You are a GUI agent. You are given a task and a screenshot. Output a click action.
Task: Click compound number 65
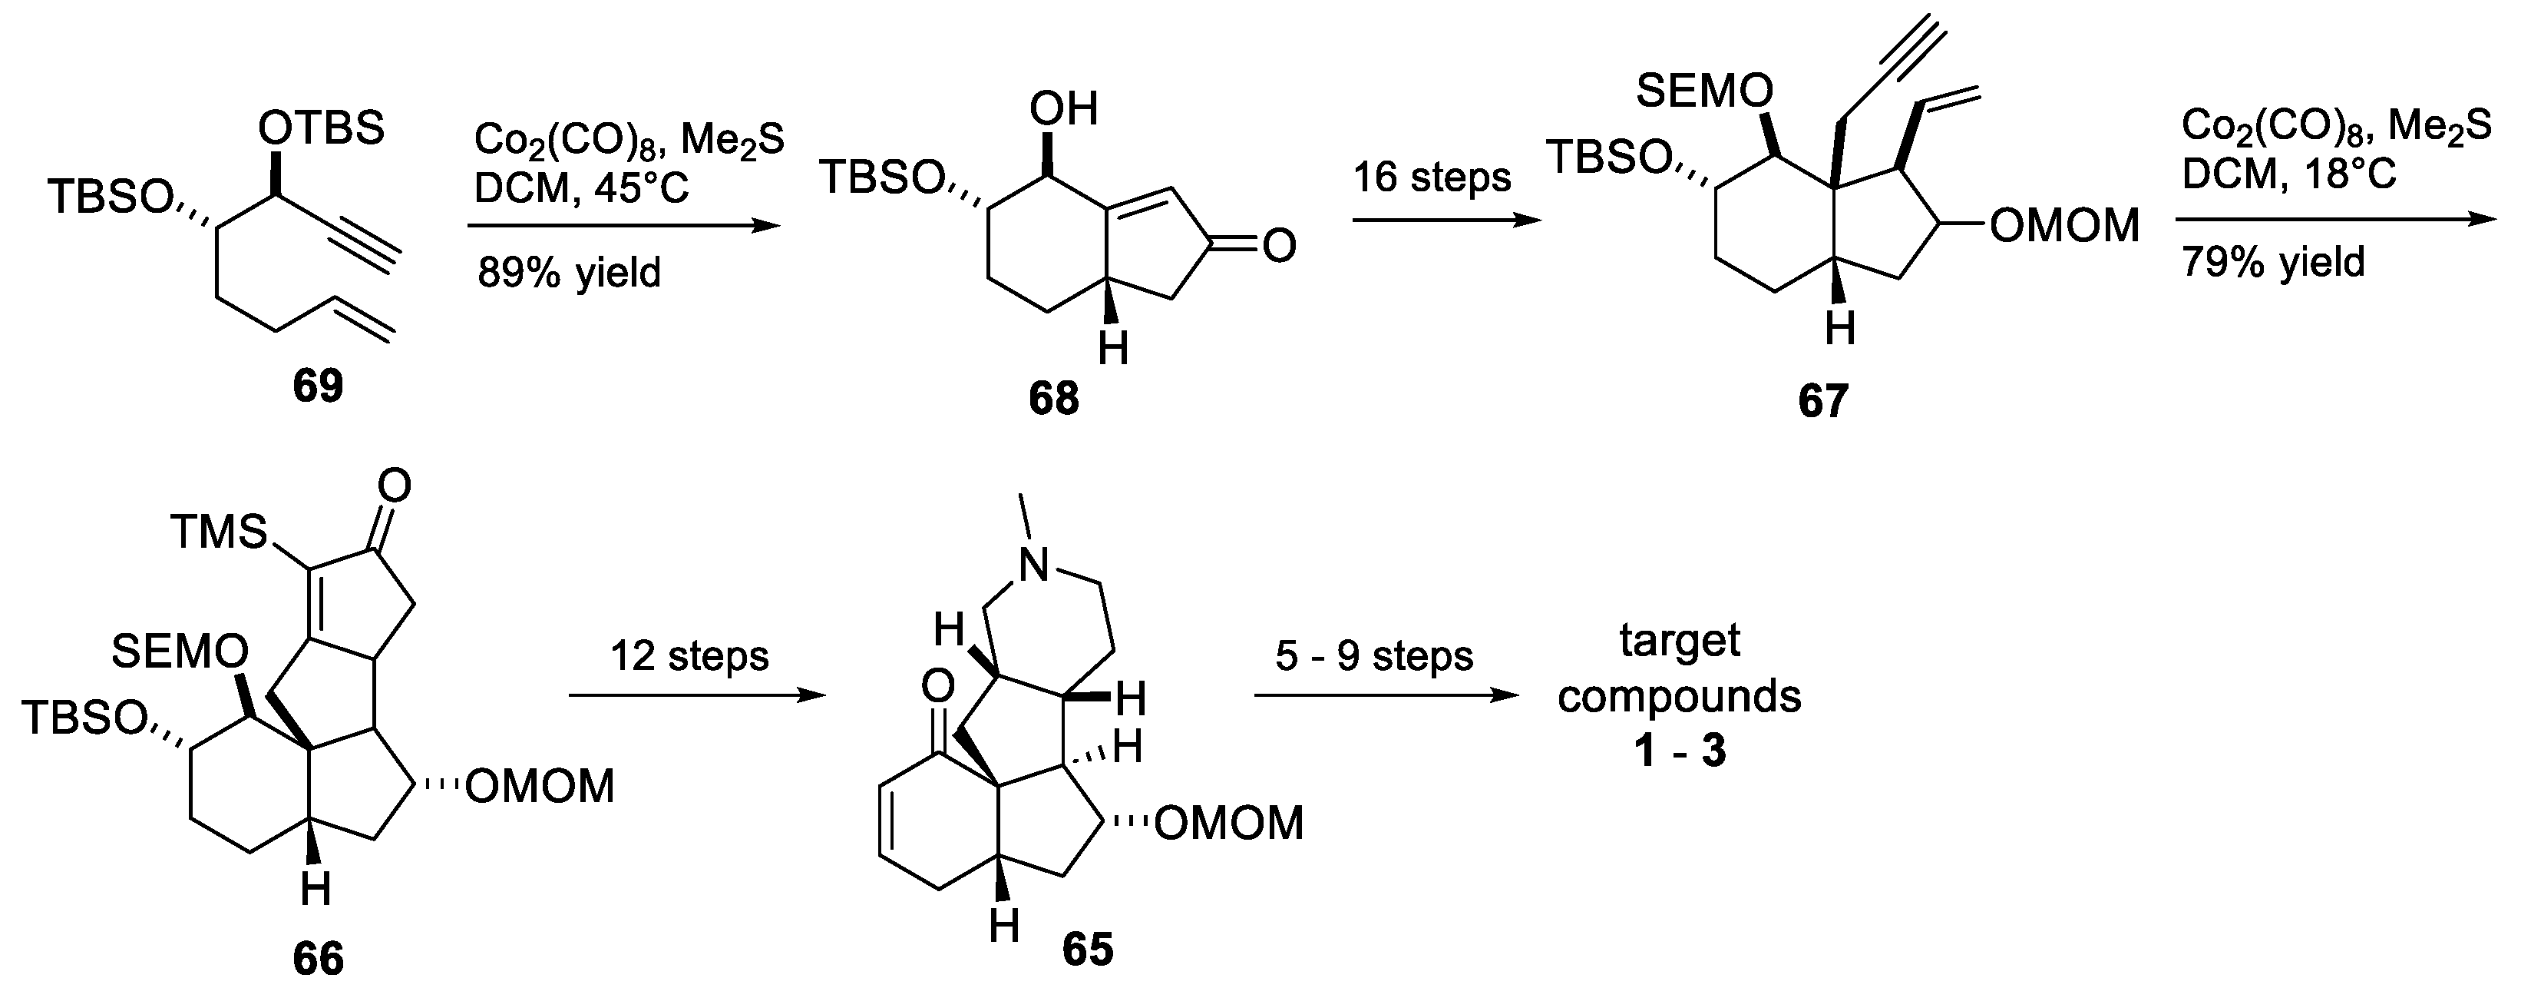click(1088, 950)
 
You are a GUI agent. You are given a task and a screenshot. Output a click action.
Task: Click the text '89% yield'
click(570, 272)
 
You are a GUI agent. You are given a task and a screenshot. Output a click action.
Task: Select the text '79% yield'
click(2272, 264)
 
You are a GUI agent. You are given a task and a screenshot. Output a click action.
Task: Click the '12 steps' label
click(689, 655)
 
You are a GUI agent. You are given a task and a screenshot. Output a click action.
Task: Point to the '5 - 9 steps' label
click(1373, 655)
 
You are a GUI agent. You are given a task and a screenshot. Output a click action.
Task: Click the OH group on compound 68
click(1063, 110)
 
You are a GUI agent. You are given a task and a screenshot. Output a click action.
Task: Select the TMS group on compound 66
click(218, 533)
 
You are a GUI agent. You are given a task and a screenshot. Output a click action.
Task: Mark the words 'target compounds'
click(1679, 668)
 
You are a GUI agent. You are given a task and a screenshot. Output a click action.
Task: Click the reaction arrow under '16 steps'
click(1446, 221)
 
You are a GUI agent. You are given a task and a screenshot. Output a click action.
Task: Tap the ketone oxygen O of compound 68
click(1278, 246)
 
